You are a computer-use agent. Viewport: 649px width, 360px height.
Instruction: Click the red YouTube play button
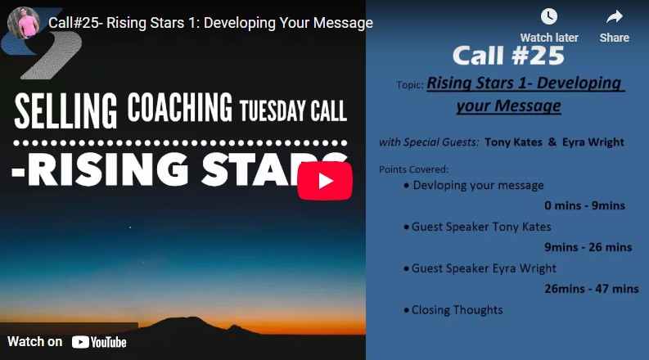[x=325, y=181]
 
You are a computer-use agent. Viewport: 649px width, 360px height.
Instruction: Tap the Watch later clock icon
[x=549, y=16]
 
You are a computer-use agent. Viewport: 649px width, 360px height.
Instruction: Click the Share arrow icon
[x=615, y=17]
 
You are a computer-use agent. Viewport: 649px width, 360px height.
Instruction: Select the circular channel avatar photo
[x=24, y=23]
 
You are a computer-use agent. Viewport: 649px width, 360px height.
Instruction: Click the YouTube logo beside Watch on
[x=99, y=342]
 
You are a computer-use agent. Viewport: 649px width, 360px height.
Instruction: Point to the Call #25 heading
[x=508, y=56]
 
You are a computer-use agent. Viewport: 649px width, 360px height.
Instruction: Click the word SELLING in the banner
[x=65, y=110]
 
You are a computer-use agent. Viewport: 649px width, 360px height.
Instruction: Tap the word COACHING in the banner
[x=180, y=107]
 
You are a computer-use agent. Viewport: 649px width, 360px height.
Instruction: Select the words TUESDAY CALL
[x=293, y=110]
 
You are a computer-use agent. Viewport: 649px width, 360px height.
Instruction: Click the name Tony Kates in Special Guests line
[x=513, y=142]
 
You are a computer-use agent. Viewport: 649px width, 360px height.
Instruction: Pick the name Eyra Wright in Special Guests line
[x=593, y=142]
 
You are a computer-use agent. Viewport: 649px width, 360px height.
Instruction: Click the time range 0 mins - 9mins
[x=584, y=205]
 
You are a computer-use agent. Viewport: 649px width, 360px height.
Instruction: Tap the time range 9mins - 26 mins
[x=588, y=247]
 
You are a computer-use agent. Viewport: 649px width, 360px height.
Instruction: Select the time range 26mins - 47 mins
[x=592, y=289]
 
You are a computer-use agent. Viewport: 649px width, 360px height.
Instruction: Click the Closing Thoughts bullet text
[x=457, y=310]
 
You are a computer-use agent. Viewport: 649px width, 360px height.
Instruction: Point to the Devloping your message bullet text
[x=479, y=186]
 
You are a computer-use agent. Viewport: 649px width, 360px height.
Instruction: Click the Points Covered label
[x=414, y=169]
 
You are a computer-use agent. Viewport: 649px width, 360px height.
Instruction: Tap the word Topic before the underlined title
[x=410, y=85]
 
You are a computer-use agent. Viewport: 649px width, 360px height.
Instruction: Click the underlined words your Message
[x=509, y=106]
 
